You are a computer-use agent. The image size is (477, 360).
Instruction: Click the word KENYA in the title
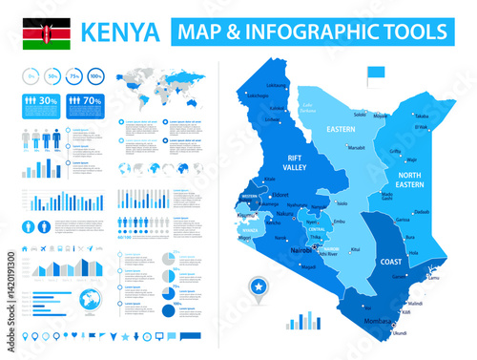[121, 32]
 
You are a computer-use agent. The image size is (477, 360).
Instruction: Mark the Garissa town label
[403, 220]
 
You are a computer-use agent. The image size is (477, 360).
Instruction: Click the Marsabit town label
[356, 148]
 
